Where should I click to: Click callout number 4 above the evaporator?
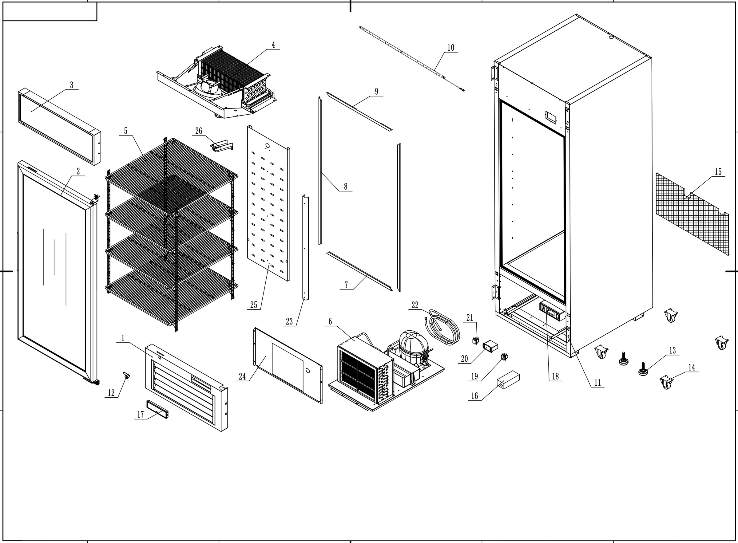click(273, 45)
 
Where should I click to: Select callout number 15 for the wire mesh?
click(718, 171)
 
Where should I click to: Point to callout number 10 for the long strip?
click(450, 48)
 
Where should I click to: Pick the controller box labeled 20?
click(490, 346)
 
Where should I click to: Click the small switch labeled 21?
click(476, 341)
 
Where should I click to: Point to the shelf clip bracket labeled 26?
click(221, 146)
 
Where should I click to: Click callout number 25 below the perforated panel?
click(254, 305)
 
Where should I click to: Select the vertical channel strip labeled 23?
click(306, 246)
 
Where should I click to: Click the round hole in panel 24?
click(308, 370)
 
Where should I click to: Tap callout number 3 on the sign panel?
click(72, 85)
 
